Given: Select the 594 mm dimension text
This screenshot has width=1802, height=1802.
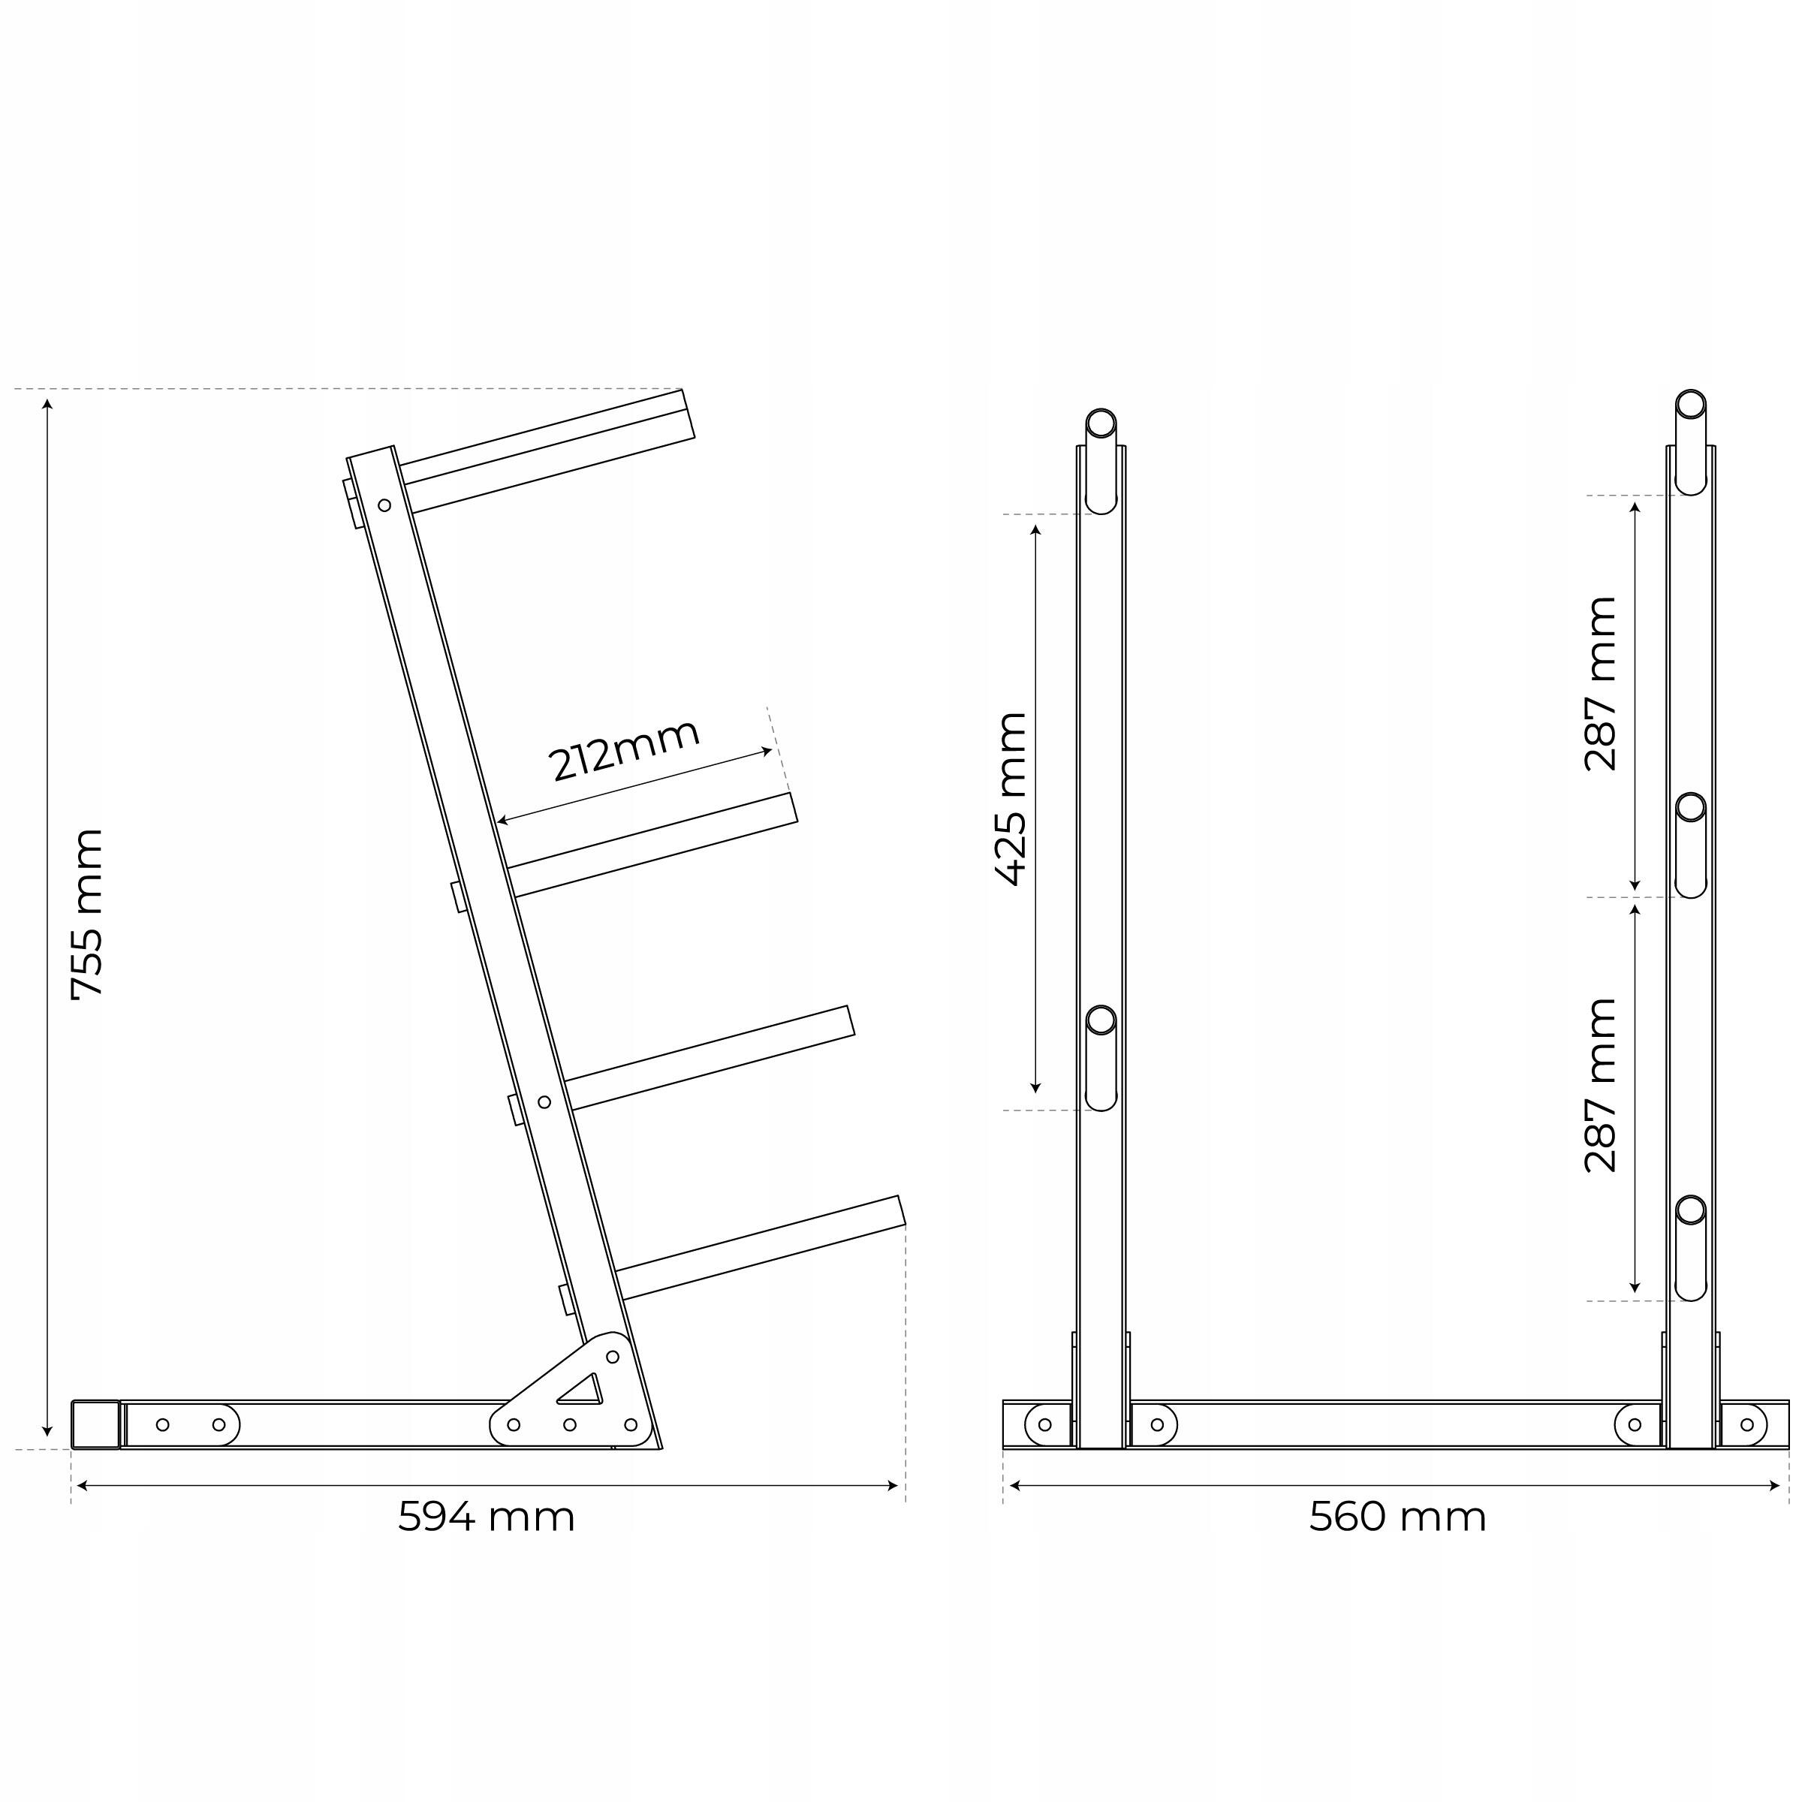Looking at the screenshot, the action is click(486, 1517).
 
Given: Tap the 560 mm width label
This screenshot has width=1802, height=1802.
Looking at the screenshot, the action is click(1397, 1517).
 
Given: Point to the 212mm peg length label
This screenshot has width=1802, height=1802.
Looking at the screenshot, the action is click(624, 749).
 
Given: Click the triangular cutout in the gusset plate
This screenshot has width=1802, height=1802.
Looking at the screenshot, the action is click(581, 1389).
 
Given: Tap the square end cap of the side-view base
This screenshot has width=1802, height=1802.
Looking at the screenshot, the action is click(96, 1424).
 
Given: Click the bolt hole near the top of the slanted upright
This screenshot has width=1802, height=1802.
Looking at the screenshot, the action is click(384, 505).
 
